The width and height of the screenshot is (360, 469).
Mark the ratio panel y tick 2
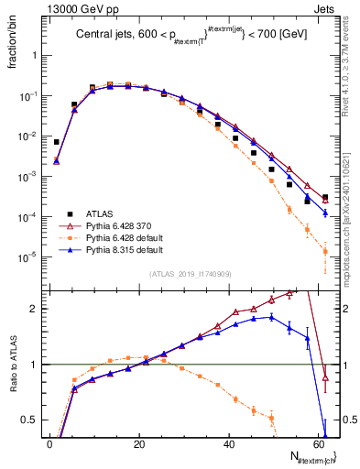(37, 309)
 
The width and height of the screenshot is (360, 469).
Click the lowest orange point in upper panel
(325, 251)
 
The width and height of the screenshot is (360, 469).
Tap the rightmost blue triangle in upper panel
(325, 213)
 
